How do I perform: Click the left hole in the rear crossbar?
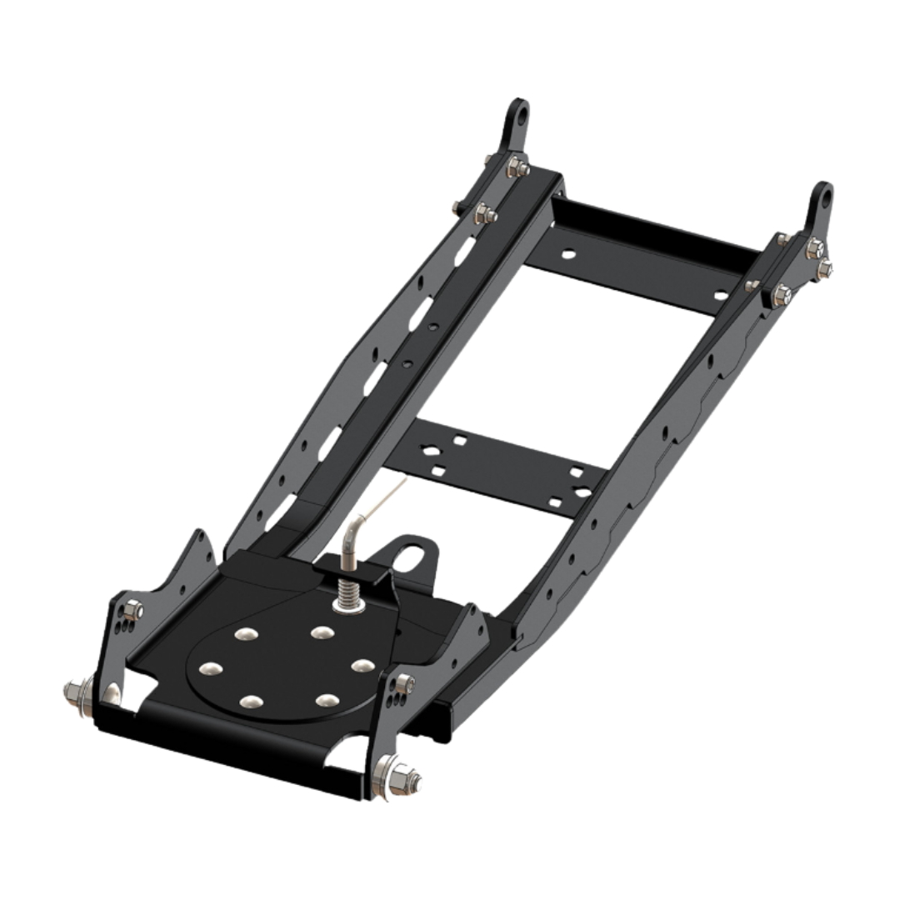567,250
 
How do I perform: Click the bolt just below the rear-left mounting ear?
512,167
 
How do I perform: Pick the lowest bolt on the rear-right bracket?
786,292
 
